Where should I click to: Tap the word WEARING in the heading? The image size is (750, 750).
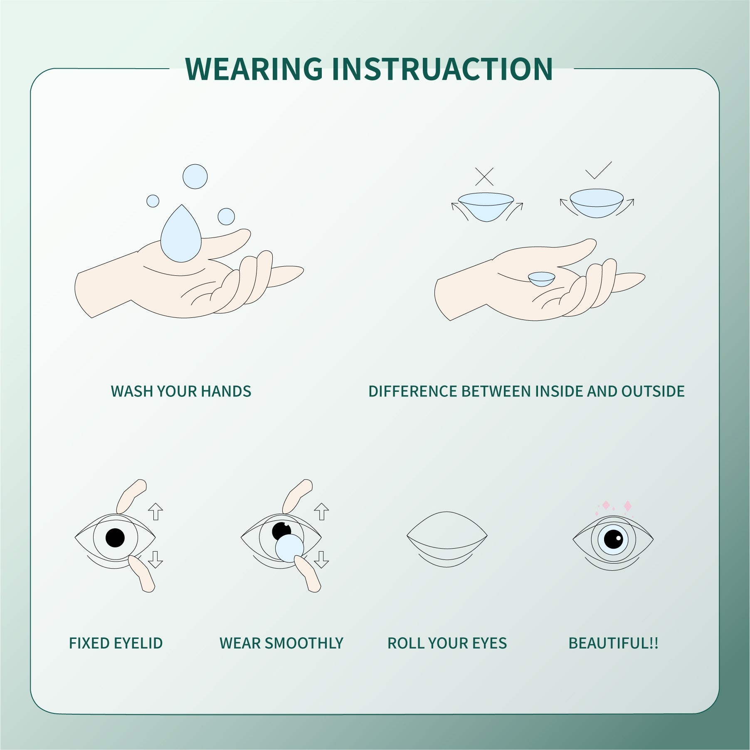click(254, 69)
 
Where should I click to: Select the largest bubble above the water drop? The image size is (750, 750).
click(195, 176)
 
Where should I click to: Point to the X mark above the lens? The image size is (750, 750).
click(484, 177)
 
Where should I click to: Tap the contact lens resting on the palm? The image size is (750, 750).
click(542, 278)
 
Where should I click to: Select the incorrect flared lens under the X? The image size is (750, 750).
click(486, 206)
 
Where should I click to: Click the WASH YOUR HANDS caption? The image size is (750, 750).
click(181, 391)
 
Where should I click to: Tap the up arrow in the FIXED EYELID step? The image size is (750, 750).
click(155, 511)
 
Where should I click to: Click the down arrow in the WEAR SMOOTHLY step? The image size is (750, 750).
click(321, 559)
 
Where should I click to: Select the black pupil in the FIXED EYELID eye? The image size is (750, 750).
click(115, 537)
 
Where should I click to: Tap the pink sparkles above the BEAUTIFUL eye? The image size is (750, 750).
click(615, 506)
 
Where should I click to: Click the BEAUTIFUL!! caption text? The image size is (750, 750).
click(613, 643)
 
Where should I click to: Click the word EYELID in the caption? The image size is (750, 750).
click(138, 643)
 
